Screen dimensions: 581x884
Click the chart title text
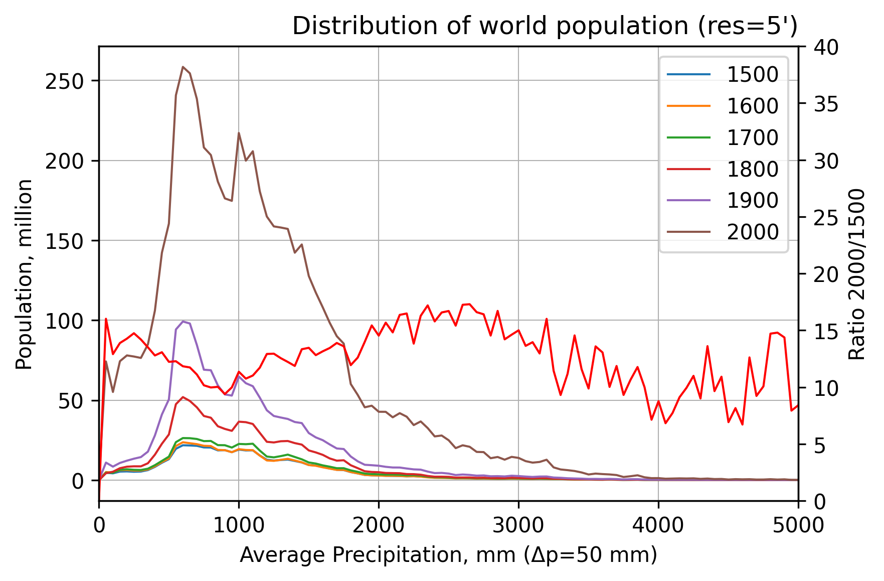[x=545, y=26]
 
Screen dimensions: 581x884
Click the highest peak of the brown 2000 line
[x=183, y=67]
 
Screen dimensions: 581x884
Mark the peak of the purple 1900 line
[x=183, y=321]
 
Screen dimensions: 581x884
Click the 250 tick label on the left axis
[x=64, y=81]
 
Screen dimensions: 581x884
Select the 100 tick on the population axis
[x=64, y=321]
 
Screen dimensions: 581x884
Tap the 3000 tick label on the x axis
[x=518, y=525]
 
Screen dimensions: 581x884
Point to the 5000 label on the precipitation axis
[x=797, y=525]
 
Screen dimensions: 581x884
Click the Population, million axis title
[x=24, y=274]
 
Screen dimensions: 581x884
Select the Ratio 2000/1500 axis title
[x=857, y=274]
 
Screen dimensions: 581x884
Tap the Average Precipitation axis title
[x=448, y=555]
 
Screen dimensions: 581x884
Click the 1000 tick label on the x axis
[x=239, y=525]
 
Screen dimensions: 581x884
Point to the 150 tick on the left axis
[x=64, y=241]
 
